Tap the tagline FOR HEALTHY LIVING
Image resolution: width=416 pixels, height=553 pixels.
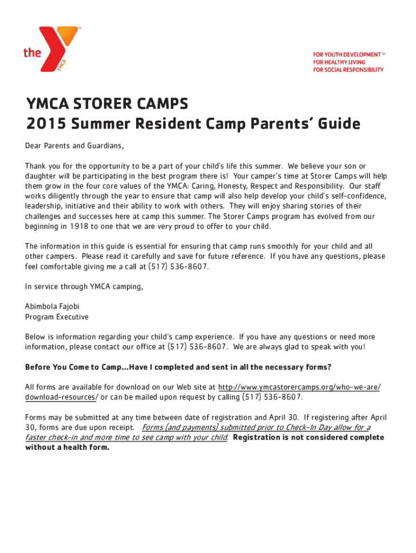(339, 62)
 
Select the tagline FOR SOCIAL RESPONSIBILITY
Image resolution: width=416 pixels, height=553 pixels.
(348, 70)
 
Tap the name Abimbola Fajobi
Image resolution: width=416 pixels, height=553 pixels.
(52, 306)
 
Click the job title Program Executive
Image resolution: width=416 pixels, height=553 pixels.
(57, 317)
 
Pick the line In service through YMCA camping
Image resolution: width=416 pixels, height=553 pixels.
(84, 286)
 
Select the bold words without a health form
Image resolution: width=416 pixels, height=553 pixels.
(67, 448)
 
